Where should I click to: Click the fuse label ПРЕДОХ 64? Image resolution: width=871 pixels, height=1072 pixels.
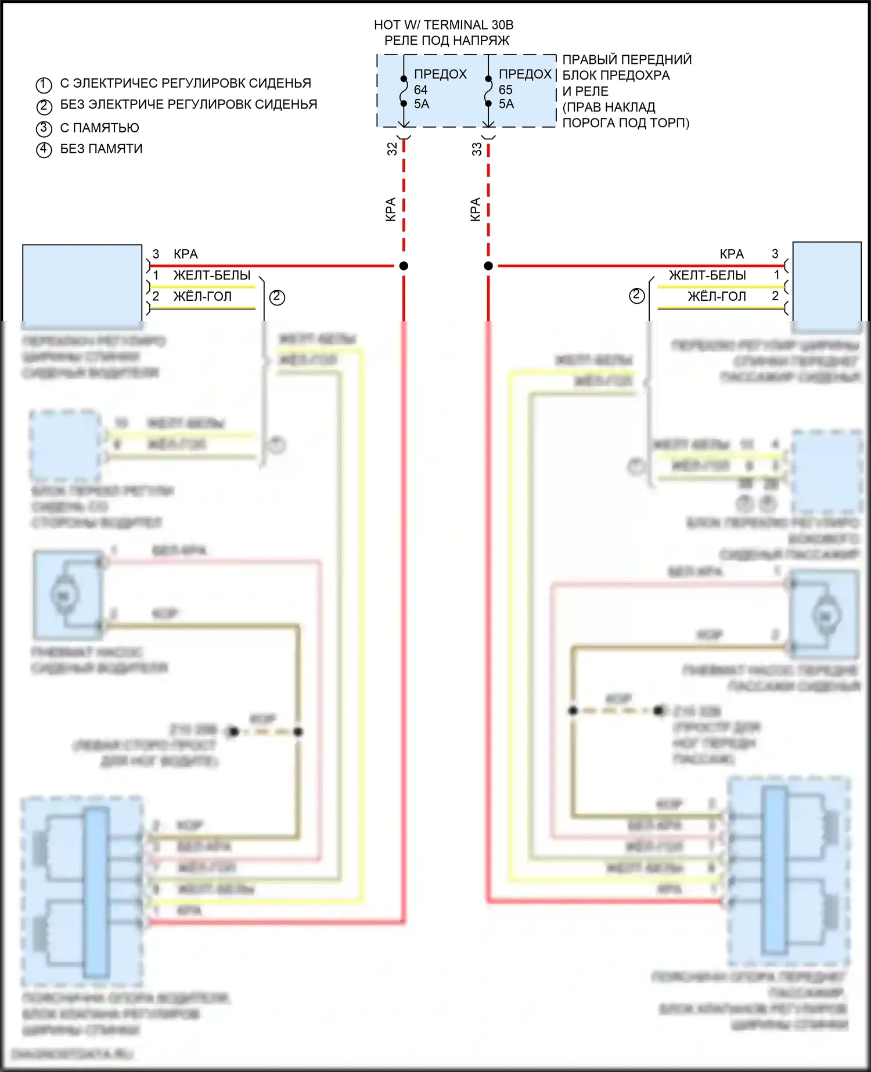[x=440, y=75]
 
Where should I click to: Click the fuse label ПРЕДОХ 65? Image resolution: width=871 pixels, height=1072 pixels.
[x=524, y=75]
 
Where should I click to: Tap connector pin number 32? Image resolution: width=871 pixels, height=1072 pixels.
[x=392, y=149]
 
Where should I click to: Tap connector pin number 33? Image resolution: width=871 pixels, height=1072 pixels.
[x=477, y=149]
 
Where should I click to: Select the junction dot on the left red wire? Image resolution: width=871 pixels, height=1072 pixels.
[x=404, y=266]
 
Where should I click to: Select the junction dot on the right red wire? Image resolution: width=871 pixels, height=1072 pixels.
[x=488, y=266]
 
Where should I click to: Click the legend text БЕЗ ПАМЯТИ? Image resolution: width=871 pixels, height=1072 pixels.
[x=101, y=149]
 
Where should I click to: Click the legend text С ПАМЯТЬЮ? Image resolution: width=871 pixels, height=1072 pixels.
[x=99, y=128]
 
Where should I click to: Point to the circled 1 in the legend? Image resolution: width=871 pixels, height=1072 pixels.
[x=44, y=85]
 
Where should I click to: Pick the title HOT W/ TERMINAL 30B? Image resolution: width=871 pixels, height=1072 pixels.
[x=444, y=25]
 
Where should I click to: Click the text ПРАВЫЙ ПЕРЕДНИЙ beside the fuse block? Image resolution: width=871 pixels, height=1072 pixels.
[x=627, y=59]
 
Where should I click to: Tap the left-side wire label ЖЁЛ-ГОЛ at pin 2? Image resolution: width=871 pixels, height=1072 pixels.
[x=202, y=296]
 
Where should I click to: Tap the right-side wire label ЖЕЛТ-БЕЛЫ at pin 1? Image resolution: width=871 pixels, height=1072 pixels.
[x=707, y=275]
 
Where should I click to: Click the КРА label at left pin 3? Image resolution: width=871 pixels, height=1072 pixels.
[x=185, y=254]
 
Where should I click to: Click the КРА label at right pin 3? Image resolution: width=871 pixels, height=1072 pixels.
[x=731, y=254]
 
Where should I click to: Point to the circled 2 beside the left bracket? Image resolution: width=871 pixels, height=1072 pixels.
[x=277, y=297]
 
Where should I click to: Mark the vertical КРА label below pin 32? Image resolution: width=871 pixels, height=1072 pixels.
[x=391, y=209]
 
